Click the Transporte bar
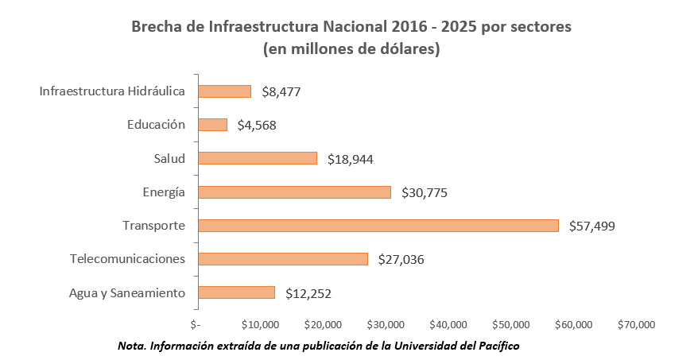(x=378, y=226)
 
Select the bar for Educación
(x=212, y=125)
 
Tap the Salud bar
(x=257, y=158)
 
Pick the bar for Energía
(x=294, y=192)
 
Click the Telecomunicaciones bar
(x=282, y=259)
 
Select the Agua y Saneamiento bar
(x=236, y=292)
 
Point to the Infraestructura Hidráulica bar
(x=224, y=91)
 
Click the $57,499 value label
(x=592, y=226)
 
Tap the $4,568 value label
(x=257, y=126)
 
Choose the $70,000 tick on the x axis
(x=635, y=324)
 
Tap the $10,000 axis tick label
(x=259, y=324)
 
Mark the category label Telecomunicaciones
(x=127, y=259)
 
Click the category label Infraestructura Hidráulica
(x=112, y=91)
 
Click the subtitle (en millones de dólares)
(x=351, y=49)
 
